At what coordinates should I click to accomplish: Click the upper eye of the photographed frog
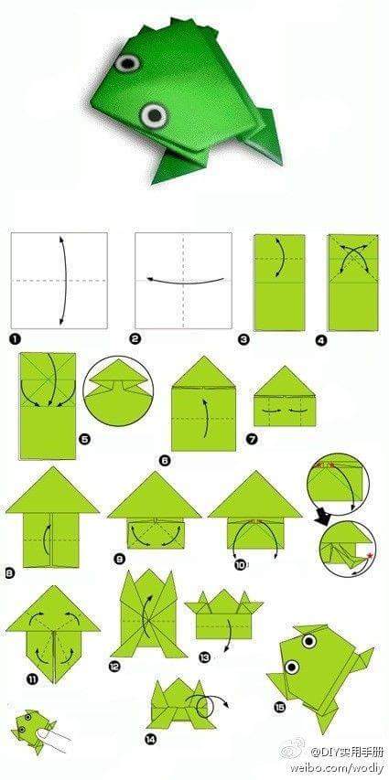127,64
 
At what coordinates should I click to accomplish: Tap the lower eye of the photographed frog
155,114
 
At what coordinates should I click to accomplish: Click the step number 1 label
16,337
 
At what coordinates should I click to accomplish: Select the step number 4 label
320,340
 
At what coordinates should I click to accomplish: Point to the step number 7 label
252,438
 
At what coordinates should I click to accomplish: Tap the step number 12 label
114,667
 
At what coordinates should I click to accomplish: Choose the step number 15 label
278,705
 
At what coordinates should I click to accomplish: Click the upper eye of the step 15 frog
307,640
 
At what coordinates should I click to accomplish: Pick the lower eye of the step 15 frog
292,666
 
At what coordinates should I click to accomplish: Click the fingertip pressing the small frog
50,734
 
